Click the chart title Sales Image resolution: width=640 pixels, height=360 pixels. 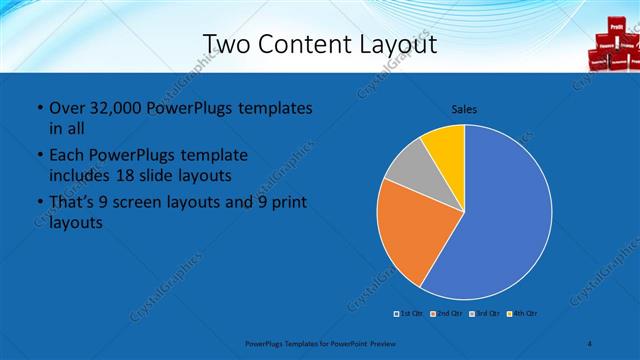click(464, 108)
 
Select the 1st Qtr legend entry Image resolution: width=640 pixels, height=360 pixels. click(411, 314)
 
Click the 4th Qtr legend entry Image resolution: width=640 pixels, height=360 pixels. click(522, 314)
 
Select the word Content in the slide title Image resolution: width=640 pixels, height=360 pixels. click(307, 44)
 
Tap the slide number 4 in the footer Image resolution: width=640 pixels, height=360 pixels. click(590, 343)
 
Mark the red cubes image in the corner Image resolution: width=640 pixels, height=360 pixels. click(610, 45)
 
